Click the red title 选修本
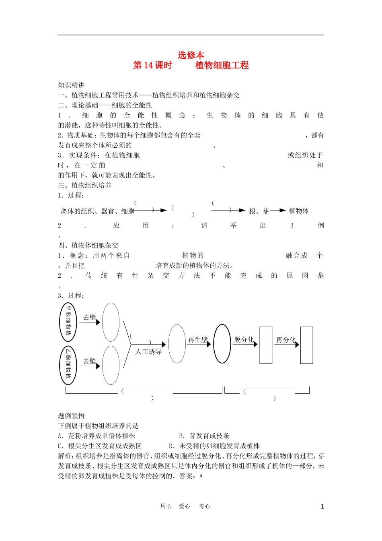pyautogui.click(x=191, y=55)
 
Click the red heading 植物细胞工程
pyautogui.click(x=222, y=65)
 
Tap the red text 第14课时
pyautogui.click(x=152, y=65)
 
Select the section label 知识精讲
pyautogui.click(x=72, y=85)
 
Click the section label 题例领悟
pyautogui.click(x=72, y=416)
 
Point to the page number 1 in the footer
pyautogui.click(x=322, y=507)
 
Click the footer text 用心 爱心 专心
pyautogui.click(x=185, y=506)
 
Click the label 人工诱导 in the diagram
pyautogui.click(x=149, y=352)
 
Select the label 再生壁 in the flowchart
pyautogui.click(x=198, y=340)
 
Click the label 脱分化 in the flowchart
pyautogui.click(x=244, y=340)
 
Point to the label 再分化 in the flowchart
pyautogui.click(x=285, y=340)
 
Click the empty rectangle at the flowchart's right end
pyautogui.click(x=307, y=345)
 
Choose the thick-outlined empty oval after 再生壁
pyautogui.click(x=222, y=344)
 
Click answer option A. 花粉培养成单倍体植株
pyautogui.click(x=97, y=436)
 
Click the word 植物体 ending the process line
pyautogui.click(x=299, y=211)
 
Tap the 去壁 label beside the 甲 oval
pyautogui.click(x=89, y=317)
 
